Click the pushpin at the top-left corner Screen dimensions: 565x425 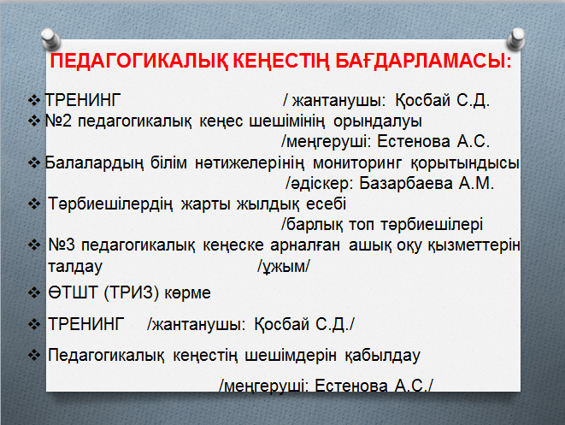pos(50,38)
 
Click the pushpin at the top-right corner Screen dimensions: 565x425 pos(516,38)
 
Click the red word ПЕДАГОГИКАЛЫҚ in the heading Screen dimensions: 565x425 pos(139,61)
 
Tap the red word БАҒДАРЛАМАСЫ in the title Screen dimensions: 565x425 pos(423,61)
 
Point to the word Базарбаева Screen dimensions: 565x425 pos(406,183)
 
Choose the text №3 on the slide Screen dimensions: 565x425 pos(62,245)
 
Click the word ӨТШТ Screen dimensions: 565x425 pos(74,292)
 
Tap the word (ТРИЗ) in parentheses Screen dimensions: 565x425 pos(131,292)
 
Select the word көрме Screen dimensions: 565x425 pos(188,293)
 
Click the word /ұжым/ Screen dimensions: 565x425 pos(284,267)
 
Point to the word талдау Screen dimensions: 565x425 pos(75,267)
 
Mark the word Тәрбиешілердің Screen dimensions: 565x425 pos(110,204)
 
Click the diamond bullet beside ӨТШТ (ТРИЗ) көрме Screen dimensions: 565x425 pos(34,292)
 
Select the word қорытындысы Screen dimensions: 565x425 pos(465,163)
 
